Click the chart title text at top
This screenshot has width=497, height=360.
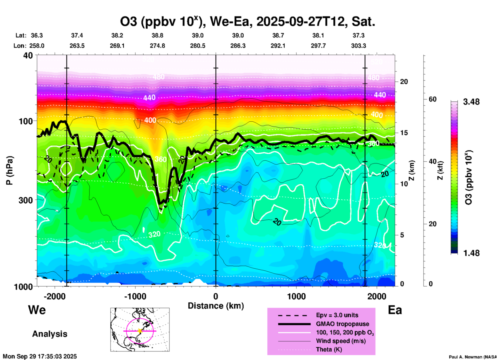click(247, 22)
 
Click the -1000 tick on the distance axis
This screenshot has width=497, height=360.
click(135, 296)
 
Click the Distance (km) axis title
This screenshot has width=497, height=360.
click(216, 306)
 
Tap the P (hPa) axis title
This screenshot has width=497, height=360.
click(10, 170)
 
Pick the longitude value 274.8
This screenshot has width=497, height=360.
click(157, 46)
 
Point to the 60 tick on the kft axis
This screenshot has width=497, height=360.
click(432, 99)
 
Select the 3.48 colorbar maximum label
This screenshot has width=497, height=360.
click(471, 102)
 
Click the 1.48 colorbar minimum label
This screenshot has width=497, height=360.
click(471, 253)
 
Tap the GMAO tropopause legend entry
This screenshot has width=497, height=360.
click(342, 324)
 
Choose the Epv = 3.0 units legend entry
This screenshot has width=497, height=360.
click(337, 315)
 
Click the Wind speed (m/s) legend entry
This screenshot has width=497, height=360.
click(341, 341)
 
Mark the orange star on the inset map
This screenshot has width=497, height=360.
click(140, 331)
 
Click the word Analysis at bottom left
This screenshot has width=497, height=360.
click(50, 334)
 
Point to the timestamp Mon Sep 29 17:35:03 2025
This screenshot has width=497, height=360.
click(40, 356)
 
